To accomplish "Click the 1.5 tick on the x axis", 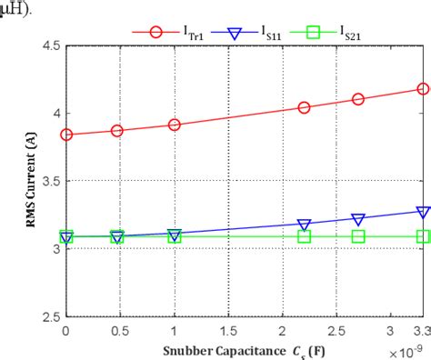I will point(228,331).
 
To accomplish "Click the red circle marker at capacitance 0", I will point(65,135).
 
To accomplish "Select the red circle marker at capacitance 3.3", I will point(423,89).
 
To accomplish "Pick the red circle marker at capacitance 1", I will point(174,125).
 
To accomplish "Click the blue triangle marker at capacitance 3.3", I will point(423,212).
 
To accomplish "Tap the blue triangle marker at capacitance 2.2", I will point(304,225).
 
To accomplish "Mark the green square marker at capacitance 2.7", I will point(358,236).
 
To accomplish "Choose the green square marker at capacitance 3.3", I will point(423,236).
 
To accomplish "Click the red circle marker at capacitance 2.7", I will point(358,100).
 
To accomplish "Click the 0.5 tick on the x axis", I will point(119,331).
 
